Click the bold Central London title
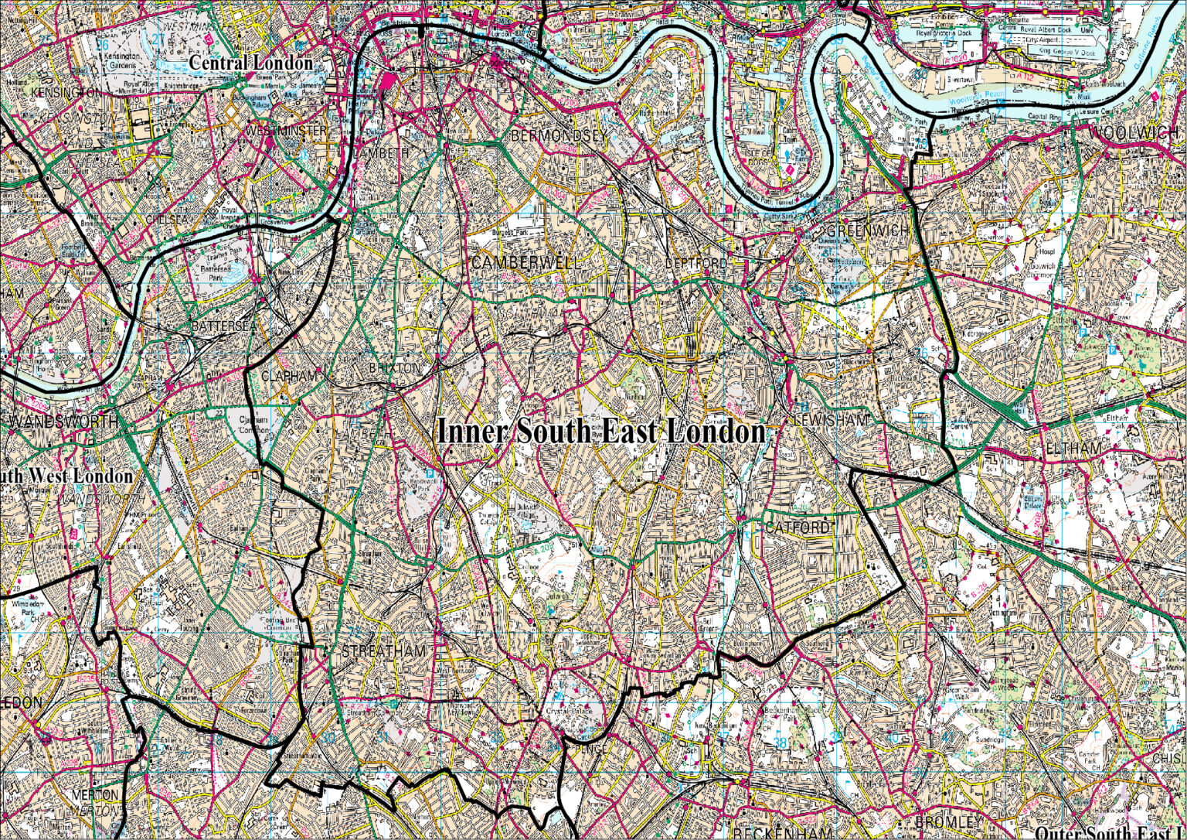click(x=251, y=63)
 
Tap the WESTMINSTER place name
click(x=286, y=131)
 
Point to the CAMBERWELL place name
click(x=525, y=263)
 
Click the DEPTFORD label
click(x=696, y=264)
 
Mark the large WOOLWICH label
click(x=1134, y=133)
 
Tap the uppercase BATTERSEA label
click(x=223, y=326)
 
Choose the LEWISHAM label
click(x=832, y=418)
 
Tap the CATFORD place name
click(x=798, y=528)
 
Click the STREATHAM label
click(x=383, y=651)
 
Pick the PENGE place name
click(x=590, y=749)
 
